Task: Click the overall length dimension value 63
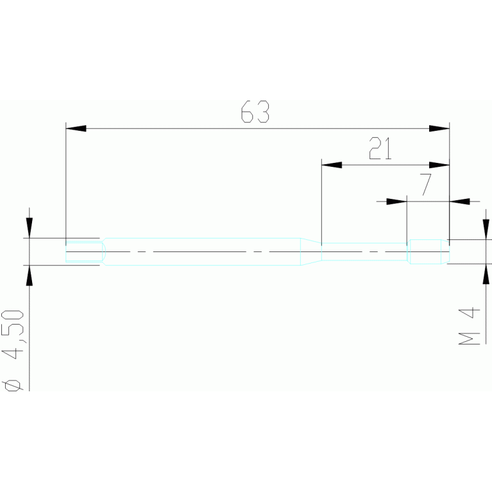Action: [x=255, y=112]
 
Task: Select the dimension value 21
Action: [x=380, y=149]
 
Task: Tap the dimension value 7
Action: [x=425, y=185]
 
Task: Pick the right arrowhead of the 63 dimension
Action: [x=439, y=129]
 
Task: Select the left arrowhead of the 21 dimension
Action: [x=330, y=165]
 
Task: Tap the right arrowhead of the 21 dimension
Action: [x=439, y=165]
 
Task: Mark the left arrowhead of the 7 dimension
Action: [x=397, y=201]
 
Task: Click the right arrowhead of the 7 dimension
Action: [x=459, y=201]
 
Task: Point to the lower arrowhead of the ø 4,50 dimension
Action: [x=29, y=275]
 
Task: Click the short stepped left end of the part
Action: [x=85, y=251]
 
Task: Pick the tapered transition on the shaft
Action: [x=311, y=251]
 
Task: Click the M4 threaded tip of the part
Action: [x=428, y=251]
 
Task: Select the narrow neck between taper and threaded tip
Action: [x=364, y=251]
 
